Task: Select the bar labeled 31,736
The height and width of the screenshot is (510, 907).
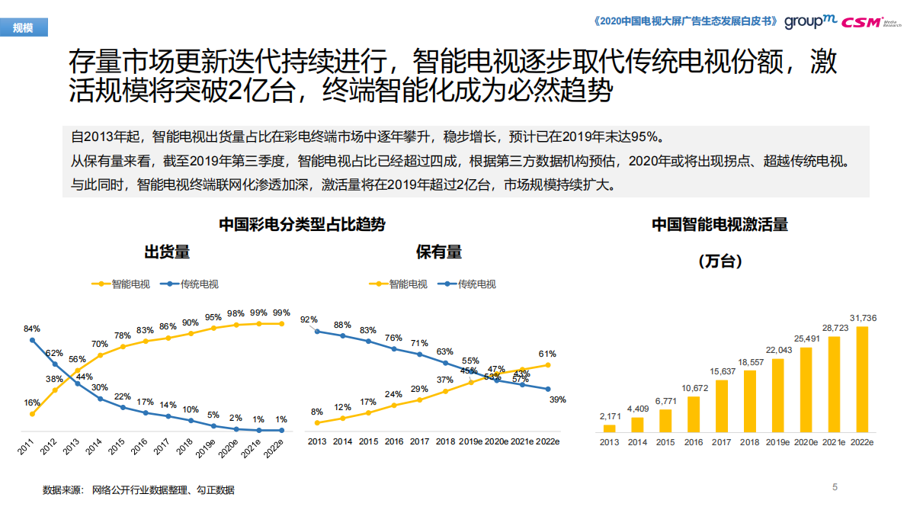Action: click(862, 380)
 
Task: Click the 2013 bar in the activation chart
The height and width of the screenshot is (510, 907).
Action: click(609, 429)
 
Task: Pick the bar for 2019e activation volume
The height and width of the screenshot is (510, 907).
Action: click(777, 396)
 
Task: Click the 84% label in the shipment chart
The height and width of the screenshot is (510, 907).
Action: click(32, 329)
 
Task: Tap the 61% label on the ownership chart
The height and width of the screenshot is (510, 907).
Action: click(546, 354)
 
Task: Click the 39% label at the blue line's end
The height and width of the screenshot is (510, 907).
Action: click(557, 399)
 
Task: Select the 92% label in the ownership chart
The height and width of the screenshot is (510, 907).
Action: click(309, 319)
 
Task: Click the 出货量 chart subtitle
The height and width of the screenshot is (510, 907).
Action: click(167, 252)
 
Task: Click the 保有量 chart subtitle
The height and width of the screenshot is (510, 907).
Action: click(439, 252)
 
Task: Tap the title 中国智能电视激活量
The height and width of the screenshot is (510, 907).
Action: click(720, 224)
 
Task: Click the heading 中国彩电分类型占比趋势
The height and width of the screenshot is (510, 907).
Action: click(302, 224)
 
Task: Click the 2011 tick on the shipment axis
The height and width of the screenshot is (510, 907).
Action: click(27, 447)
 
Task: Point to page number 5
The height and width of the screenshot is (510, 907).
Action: click(835, 486)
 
